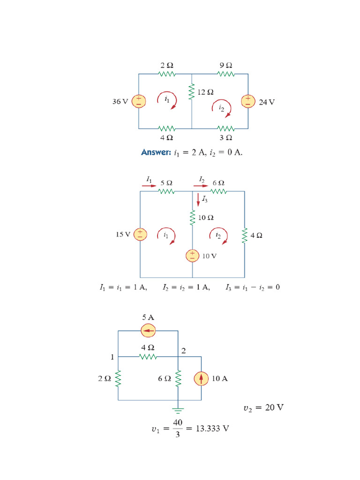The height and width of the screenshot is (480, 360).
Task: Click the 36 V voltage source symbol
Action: tap(139, 101)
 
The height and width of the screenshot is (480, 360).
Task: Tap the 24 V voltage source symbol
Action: tap(248, 101)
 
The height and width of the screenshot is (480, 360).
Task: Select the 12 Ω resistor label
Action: tap(205, 92)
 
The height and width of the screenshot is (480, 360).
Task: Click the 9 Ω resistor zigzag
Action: tap(226, 74)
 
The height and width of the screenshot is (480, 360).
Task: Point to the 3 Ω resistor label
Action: tap(226, 138)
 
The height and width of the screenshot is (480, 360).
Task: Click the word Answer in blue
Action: tap(156, 152)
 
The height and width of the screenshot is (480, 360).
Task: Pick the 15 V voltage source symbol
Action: tap(140, 234)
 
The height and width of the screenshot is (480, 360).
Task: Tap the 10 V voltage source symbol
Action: tap(192, 255)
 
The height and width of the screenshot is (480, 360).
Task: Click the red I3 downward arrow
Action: tap(198, 199)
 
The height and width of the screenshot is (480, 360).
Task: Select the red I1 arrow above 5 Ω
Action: tap(150, 186)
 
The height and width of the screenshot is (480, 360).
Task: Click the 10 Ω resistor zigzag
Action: tap(192, 218)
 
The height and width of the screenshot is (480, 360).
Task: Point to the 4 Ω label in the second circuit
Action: tap(256, 236)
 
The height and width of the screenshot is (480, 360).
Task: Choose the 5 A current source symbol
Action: tap(148, 331)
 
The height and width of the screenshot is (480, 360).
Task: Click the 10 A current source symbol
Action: tap(202, 378)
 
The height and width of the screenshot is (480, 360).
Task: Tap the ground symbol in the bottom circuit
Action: tap(178, 410)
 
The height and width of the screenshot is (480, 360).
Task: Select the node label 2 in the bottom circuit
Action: tap(184, 350)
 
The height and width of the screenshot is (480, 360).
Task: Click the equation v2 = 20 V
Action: tap(263, 408)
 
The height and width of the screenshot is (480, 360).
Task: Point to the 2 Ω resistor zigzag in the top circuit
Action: tap(167, 74)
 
